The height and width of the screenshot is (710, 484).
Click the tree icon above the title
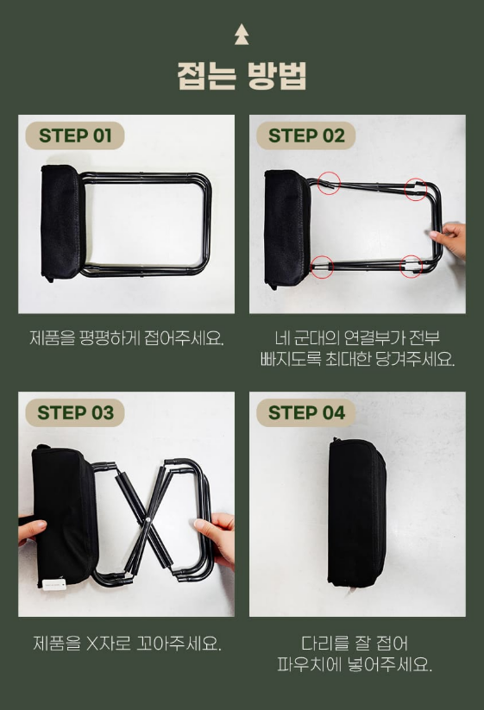242,34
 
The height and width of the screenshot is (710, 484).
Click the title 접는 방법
242,76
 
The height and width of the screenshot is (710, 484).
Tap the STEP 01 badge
75,135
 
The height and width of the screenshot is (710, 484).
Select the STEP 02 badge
306,135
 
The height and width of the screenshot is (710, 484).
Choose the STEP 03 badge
75,412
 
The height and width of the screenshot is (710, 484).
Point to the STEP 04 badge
306,412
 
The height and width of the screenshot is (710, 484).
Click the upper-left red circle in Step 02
329,184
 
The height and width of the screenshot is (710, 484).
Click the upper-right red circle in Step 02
415,189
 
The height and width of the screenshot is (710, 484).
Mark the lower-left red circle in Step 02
322,267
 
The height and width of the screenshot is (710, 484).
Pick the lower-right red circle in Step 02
412,266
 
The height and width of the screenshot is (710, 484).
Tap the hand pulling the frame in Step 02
450,239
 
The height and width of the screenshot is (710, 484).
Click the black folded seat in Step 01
62,223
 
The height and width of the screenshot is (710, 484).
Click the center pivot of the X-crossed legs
148,520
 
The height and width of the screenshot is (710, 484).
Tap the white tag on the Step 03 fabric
54,584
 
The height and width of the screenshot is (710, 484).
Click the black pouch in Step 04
356,512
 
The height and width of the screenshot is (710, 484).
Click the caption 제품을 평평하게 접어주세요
126,338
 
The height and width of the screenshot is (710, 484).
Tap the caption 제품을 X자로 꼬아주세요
127,643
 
